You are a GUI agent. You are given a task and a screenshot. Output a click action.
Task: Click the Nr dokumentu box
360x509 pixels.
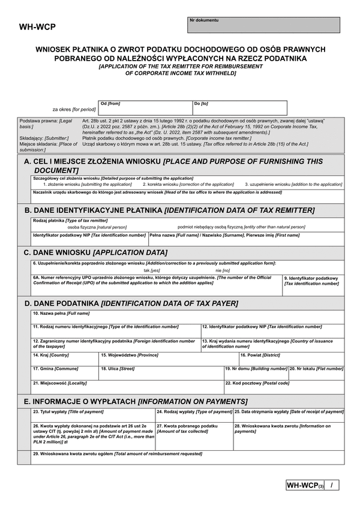tap(263, 25)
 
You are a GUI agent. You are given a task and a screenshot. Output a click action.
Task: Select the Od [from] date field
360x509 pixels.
tap(145, 109)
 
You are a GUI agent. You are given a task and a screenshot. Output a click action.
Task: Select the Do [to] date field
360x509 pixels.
tap(239, 109)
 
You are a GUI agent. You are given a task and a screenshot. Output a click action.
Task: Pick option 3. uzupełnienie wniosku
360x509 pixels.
tap(293, 184)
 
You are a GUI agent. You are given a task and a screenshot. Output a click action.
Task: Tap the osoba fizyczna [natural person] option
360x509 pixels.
tap(97, 227)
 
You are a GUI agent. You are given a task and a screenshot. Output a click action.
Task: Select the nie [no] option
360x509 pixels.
tap(222, 270)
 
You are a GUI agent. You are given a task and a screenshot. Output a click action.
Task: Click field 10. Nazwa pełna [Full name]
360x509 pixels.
tap(187, 316)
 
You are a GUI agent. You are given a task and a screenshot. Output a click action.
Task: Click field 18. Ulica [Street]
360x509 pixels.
tap(161, 372)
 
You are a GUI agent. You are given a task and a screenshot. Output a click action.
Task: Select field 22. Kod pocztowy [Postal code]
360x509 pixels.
tap(284, 387)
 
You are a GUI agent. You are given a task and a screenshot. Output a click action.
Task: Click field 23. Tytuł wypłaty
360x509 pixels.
tap(93, 415)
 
